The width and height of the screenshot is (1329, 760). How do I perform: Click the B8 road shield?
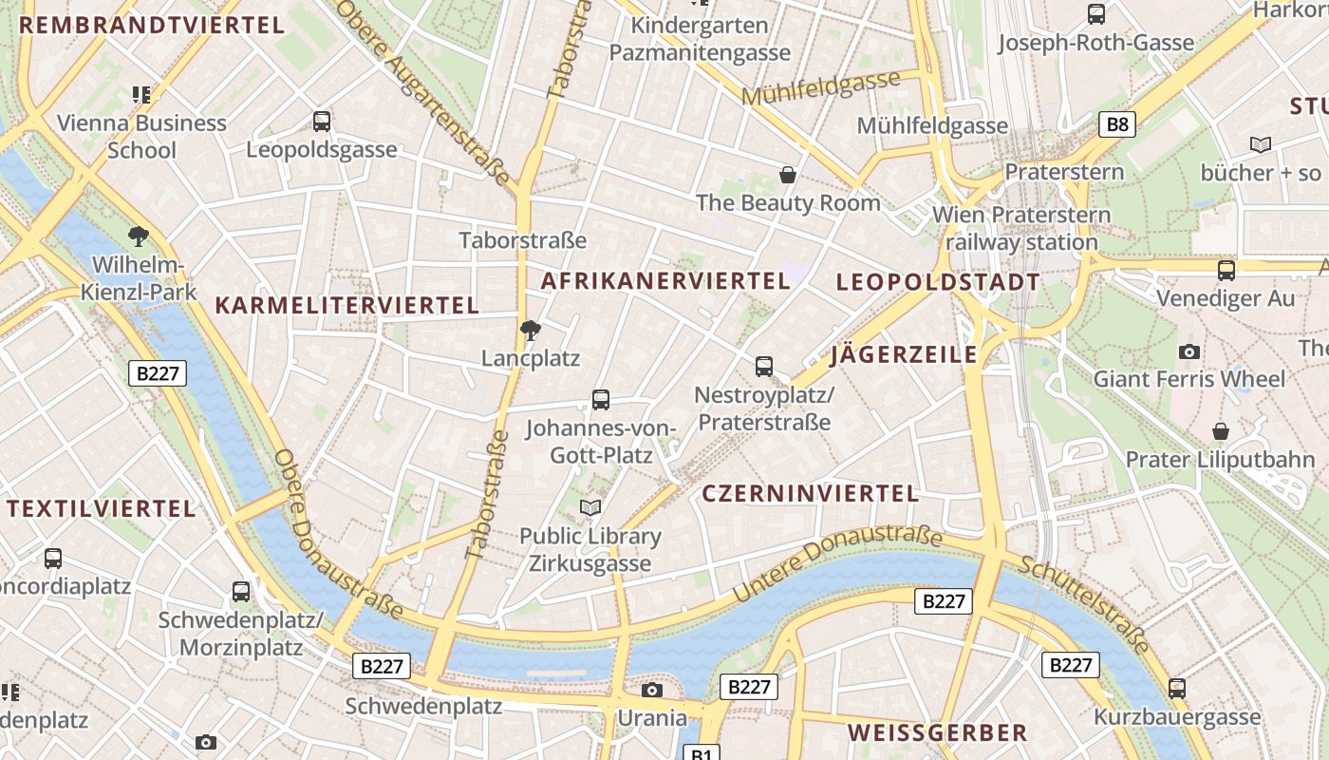pos(1118,123)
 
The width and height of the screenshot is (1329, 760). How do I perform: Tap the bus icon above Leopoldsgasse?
pos(322,122)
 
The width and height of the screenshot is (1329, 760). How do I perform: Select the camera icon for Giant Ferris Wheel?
pos(1189,351)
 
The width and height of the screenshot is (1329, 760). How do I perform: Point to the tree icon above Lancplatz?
pos(531,331)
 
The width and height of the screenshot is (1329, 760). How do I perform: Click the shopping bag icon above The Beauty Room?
pos(788,175)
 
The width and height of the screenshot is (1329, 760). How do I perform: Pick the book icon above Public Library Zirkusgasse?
pos(590,508)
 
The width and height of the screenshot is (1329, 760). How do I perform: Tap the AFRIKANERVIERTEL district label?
pos(665,280)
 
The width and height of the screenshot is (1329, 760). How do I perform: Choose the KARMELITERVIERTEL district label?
pos(347,305)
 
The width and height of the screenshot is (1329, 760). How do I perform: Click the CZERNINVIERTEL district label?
pos(811,493)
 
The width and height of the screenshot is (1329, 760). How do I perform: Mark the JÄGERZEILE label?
pos(904,354)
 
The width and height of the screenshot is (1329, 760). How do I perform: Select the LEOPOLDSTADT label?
pos(938,282)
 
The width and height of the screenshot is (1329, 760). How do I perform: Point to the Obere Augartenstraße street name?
pos(424,90)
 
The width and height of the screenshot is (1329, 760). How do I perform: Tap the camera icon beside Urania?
pos(652,690)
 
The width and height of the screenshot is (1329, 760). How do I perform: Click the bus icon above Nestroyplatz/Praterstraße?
pos(764,366)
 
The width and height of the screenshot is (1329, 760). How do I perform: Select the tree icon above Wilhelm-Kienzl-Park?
pos(139,236)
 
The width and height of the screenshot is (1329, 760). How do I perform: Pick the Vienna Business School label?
pos(141,136)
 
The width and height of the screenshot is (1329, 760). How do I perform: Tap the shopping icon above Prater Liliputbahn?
pos(1221,432)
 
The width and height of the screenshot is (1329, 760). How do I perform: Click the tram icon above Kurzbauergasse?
pos(1177,689)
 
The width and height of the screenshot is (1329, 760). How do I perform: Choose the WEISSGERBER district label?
pos(937,732)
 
